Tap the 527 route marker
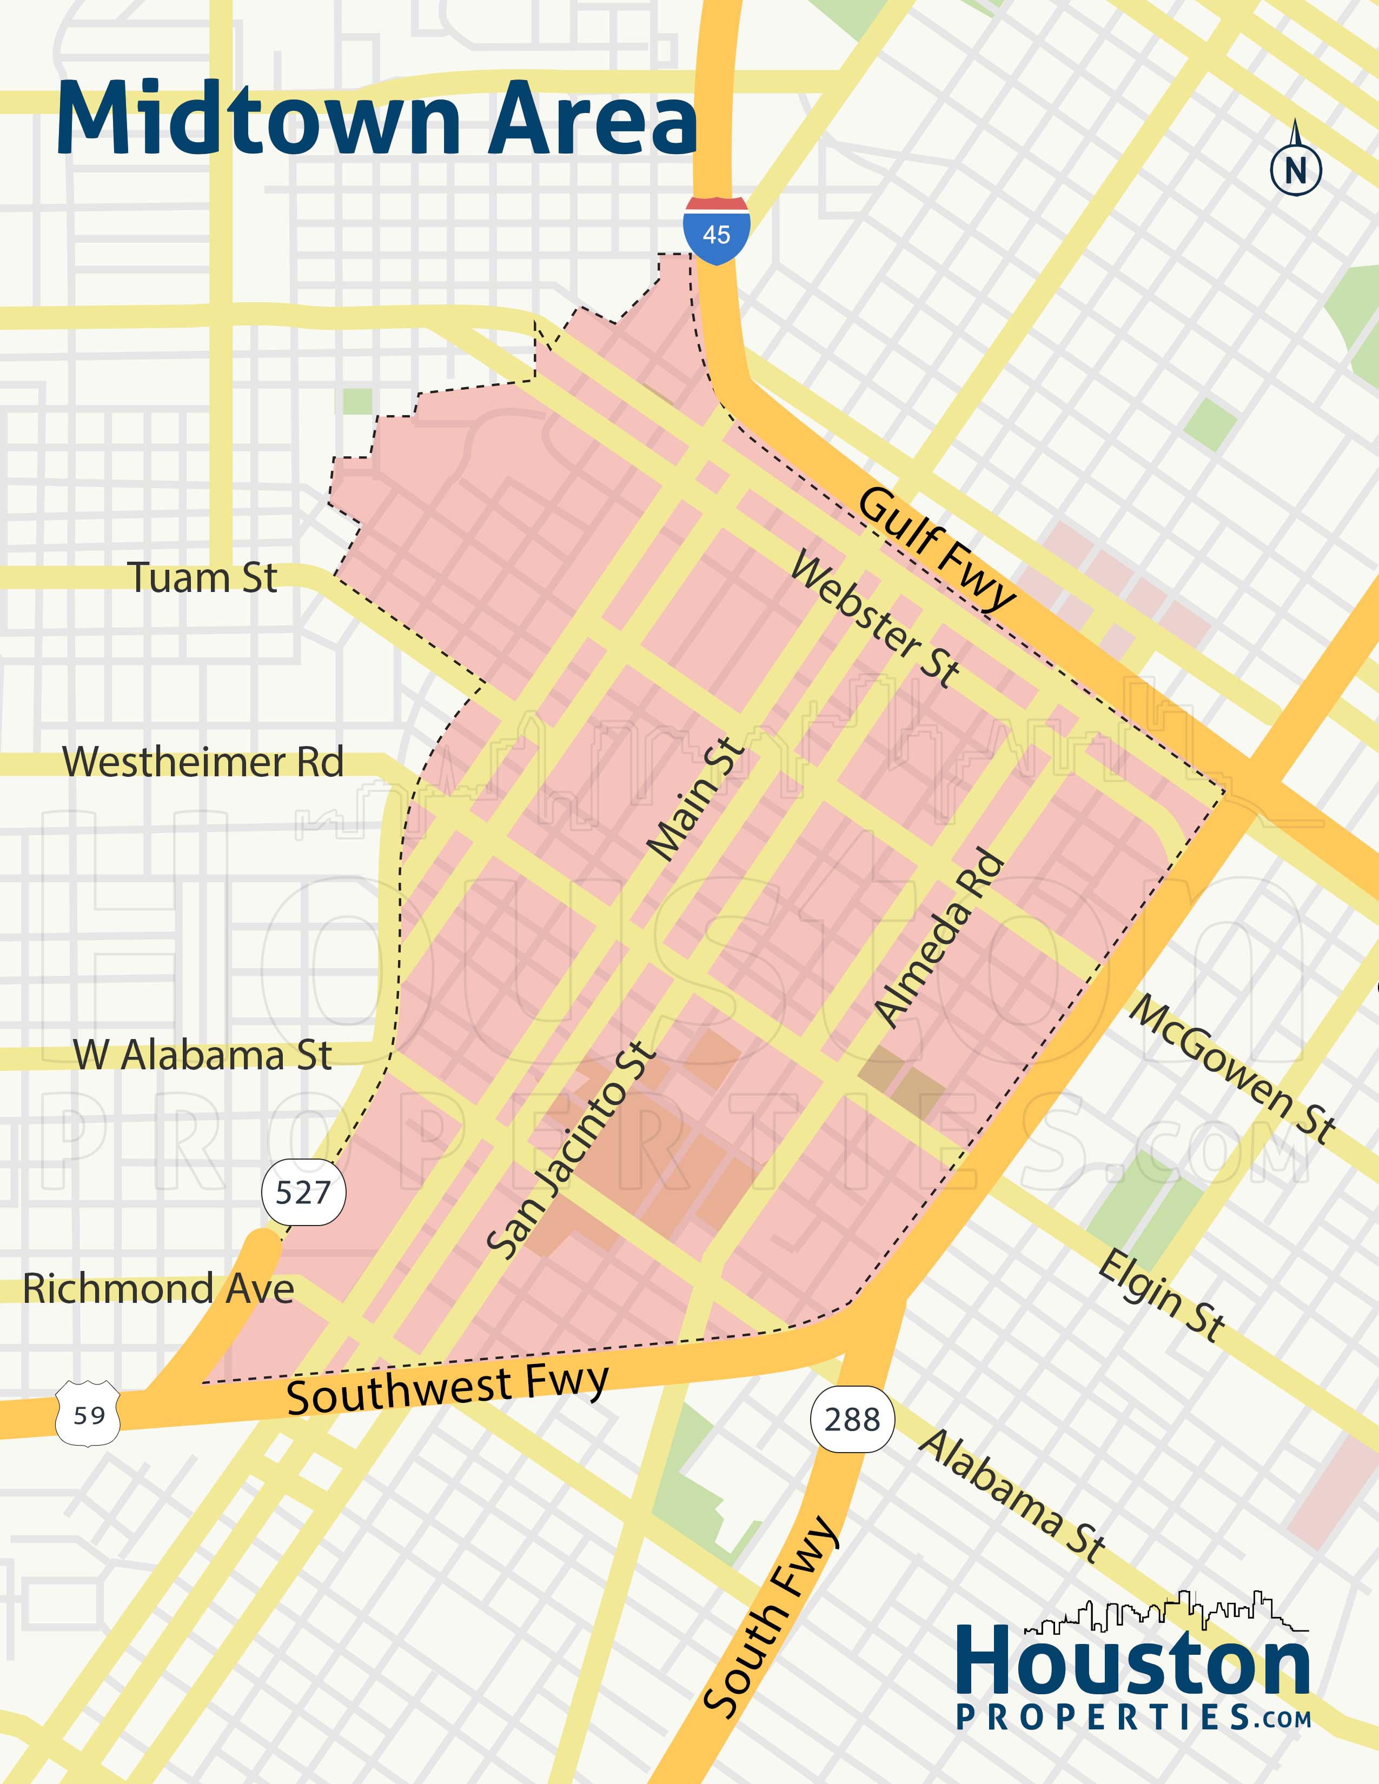pos(303,1193)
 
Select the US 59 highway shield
pos(88,1414)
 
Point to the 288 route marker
pos(852,1420)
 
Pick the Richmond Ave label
pos(158,1288)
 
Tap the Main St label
pos(696,799)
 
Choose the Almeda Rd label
pos(939,938)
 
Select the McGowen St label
pos(1232,1068)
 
